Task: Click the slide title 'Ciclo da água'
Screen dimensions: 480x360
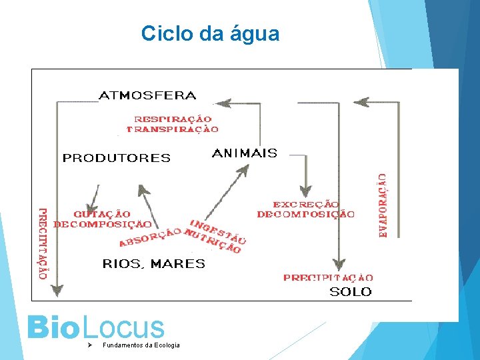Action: click(210, 33)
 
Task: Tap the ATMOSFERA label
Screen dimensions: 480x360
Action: click(147, 95)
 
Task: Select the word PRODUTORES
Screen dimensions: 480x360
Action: click(117, 158)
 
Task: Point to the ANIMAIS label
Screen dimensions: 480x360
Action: click(244, 153)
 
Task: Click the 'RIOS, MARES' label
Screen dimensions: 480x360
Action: click(153, 264)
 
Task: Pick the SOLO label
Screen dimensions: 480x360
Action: click(351, 291)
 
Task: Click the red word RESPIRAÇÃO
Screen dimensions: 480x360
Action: click(173, 119)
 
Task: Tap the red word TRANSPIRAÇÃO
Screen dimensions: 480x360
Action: click(173, 129)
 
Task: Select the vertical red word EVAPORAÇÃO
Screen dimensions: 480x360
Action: click(383, 205)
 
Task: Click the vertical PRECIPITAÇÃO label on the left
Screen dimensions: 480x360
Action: click(43, 241)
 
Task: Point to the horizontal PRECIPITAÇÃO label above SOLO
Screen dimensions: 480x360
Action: click(328, 277)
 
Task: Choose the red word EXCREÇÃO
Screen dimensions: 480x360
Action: click(306, 204)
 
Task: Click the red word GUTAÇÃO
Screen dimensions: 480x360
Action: click(102, 214)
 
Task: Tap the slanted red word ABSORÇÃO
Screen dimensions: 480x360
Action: click(150, 235)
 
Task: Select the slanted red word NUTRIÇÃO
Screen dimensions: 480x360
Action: click(213, 242)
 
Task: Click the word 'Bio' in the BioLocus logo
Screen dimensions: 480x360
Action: click(52, 327)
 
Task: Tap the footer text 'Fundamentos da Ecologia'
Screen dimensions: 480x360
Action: click(141, 345)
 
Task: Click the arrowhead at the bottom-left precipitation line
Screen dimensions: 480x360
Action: click(57, 290)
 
